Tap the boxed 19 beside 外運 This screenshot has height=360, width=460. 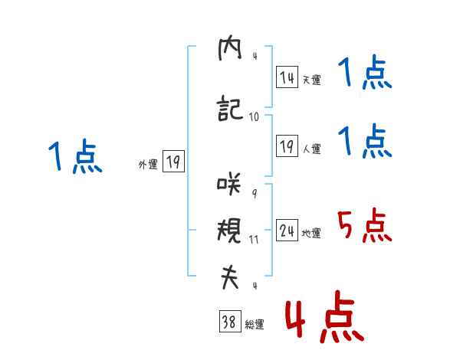point(173,162)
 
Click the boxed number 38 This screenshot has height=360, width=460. point(228,323)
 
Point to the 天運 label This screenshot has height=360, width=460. point(311,80)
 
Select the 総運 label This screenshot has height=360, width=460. point(254,325)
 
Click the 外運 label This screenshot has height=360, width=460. point(147,164)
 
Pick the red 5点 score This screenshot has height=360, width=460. point(364,226)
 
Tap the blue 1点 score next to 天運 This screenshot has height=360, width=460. point(364,74)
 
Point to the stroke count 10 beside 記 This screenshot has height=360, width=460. point(254,116)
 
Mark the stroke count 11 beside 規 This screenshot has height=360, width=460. point(254,239)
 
